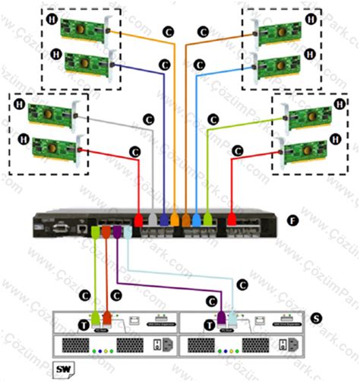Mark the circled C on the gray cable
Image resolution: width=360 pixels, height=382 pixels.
[x=149, y=120]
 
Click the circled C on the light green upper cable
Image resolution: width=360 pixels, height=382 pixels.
[x=213, y=120]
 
